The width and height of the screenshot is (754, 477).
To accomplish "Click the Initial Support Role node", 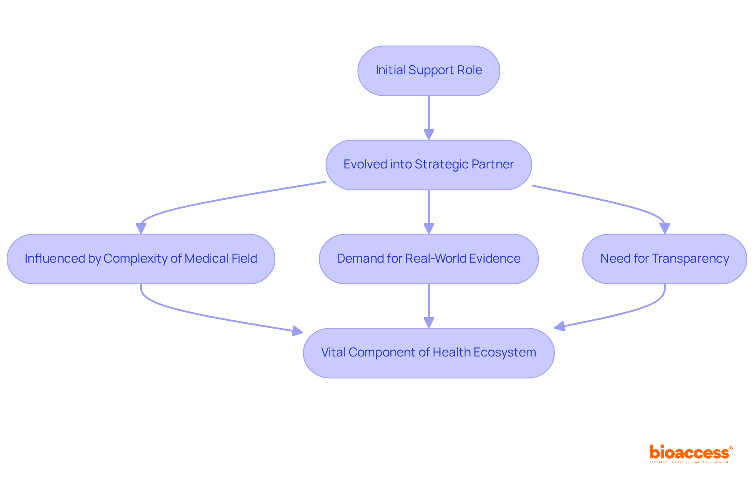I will coord(428,71).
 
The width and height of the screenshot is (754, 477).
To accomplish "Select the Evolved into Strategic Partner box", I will coord(428,165).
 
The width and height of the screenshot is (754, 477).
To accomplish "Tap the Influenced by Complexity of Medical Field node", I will coord(141,259).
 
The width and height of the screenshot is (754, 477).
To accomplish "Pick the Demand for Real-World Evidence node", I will coord(428,259).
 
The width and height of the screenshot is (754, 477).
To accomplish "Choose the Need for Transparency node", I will coord(664,259).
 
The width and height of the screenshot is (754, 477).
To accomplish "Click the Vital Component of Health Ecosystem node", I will coord(428,353).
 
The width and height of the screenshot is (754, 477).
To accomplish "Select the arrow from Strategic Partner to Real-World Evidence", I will coord(429,210).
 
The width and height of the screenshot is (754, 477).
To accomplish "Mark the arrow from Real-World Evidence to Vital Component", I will coord(429,304).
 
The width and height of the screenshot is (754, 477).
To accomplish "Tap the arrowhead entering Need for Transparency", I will coord(664,228).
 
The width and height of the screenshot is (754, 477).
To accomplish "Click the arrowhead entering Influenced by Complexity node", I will coord(141,228).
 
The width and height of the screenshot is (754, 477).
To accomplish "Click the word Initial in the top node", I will coord(390,70).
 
